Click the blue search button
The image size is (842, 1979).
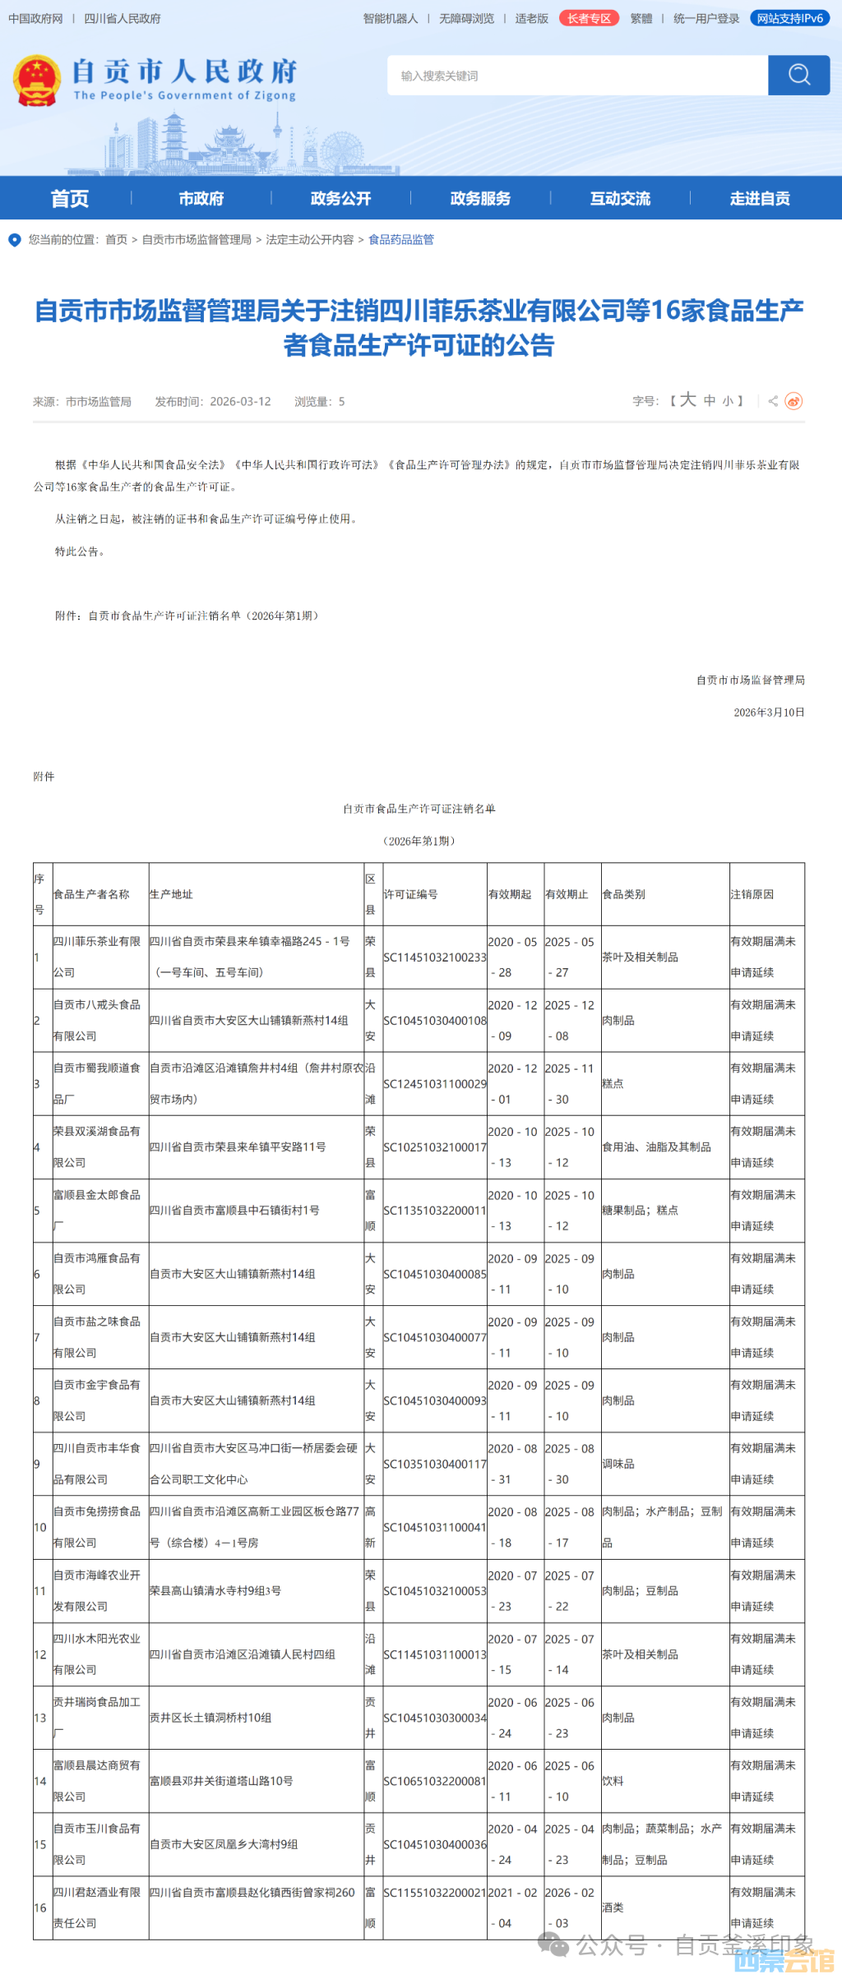(798, 76)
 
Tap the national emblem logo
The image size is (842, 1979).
(37, 81)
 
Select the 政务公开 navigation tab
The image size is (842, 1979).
(340, 198)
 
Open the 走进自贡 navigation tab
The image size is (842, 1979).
(760, 198)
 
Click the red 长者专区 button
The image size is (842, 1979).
(589, 18)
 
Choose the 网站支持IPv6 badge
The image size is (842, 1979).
(790, 18)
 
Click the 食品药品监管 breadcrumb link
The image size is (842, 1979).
(400, 239)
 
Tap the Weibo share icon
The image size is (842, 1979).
(793, 401)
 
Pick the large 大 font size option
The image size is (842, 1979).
(688, 400)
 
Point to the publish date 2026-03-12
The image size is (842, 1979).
(240, 402)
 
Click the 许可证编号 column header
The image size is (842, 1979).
(410, 894)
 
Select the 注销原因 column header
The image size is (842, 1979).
(752, 894)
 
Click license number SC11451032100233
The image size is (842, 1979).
(435, 957)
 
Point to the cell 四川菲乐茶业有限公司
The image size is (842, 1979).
(97, 957)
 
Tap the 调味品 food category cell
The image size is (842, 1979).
(618, 1464)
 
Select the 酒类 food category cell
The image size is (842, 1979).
(613, 1907)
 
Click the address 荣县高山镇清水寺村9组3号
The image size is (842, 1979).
(215, 1591)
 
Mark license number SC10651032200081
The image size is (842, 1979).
(435, 1781)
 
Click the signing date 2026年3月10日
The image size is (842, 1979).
(769, 713)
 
